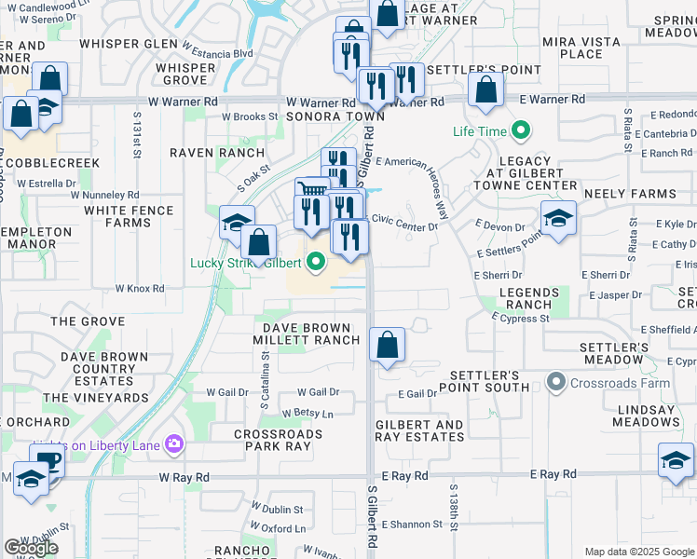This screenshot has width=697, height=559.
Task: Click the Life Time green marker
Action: (520, 131)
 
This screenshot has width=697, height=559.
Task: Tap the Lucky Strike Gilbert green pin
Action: (316, 263)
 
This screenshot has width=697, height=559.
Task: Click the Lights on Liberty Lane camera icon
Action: (173, 443)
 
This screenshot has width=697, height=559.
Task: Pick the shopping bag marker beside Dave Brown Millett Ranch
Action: (387, 345)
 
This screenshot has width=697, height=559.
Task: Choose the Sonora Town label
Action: (321, 116)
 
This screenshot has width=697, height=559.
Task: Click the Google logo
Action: (31, 548)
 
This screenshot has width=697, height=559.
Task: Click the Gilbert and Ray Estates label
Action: (419, 431)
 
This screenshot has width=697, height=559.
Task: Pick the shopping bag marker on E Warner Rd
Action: (485, 91)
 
